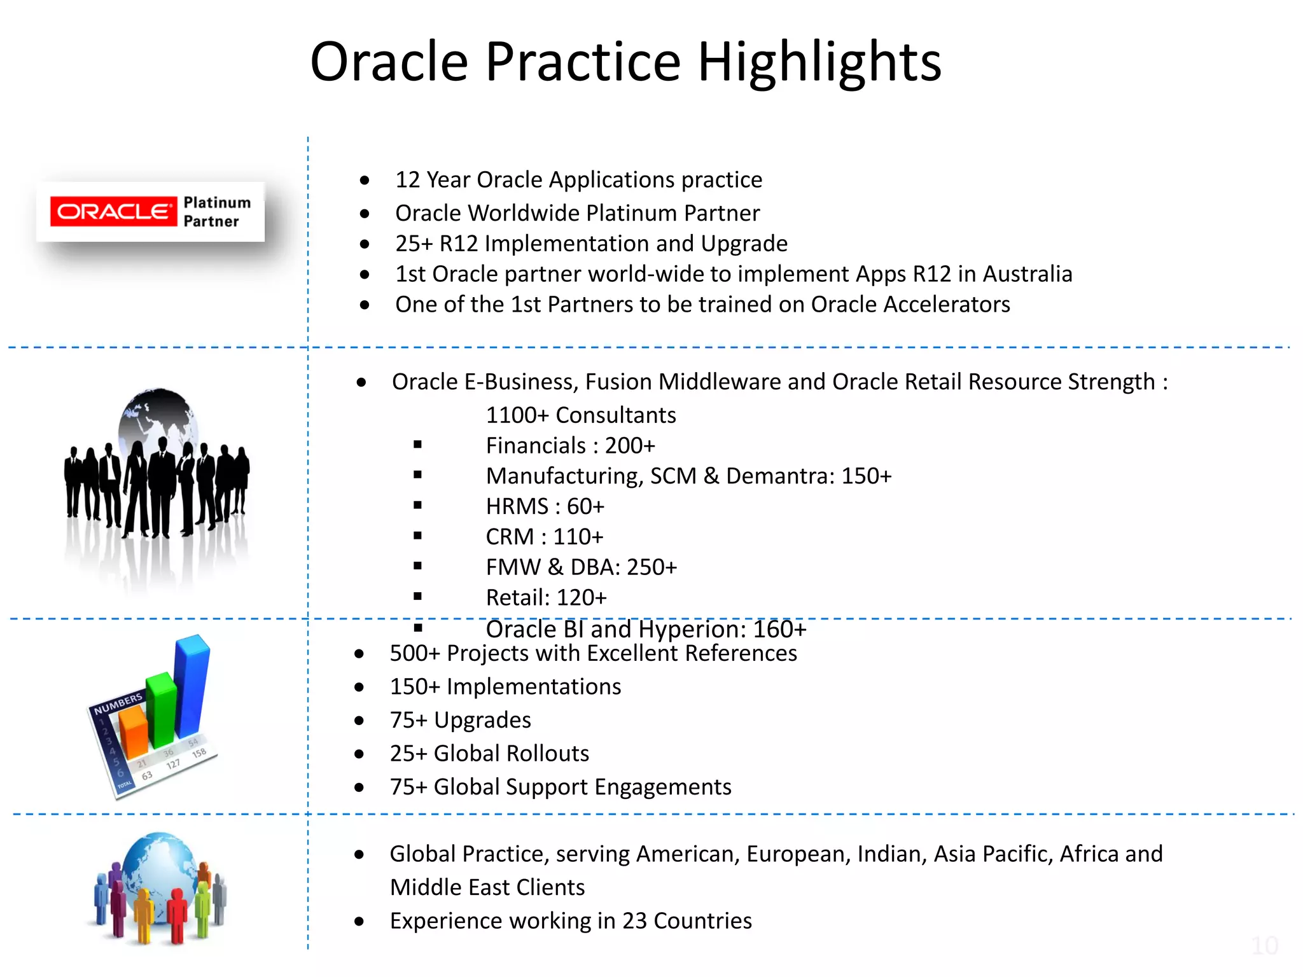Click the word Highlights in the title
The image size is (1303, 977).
(x=819, y=62)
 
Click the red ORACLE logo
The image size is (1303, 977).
(x=113, y=211)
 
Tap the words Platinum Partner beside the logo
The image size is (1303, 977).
(x=216, y=212)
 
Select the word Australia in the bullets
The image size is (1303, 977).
(x=1028, y=274)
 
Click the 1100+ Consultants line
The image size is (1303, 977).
(x=580, y=415)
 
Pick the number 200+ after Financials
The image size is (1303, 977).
(x=629, y=446)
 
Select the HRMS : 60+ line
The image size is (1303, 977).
(x=545, y=507)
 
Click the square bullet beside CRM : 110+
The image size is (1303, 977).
(x=417, y=536)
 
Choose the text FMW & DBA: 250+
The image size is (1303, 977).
(x=581, y=567)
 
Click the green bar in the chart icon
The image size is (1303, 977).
(x=161, y=709)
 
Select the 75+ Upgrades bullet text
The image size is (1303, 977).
(x=460, y=720)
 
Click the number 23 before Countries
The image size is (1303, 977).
(x=634, y=921)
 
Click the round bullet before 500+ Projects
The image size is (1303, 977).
(x=359, y=654)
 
